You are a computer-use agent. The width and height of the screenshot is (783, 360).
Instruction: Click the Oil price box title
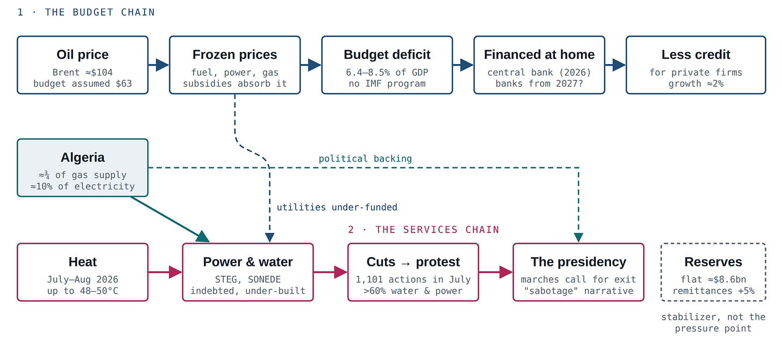pos(82,54)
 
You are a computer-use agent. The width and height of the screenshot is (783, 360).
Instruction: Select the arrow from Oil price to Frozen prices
pos(159,65)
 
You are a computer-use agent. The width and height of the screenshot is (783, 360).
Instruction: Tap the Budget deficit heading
pos(387,54)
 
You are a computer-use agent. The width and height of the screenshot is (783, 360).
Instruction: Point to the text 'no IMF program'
pos(387,83)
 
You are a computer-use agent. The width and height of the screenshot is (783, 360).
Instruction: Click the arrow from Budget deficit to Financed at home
pos(463,65)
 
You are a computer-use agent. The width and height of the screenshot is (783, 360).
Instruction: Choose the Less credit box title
pos(696,54)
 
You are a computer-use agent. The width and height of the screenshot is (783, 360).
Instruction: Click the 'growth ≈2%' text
pos(696,83)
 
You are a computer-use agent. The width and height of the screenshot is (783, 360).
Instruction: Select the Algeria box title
pos(82,158)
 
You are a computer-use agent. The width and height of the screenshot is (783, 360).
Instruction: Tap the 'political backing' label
pos(365,159)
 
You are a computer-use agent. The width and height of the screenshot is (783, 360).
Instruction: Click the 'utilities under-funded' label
pos(337,208)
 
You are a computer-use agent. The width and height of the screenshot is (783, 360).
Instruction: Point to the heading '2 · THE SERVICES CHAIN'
pos(423,229)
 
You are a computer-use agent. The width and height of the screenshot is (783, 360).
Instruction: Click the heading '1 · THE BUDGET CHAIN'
pos(86,12)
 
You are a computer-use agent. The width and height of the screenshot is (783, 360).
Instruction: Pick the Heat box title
pos(82,262)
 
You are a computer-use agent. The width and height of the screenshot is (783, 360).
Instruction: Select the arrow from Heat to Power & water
pos(165,272)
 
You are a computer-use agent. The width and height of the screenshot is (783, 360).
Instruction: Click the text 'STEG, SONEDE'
pos(247,279)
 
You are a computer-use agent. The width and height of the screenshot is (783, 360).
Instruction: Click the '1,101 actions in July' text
pos(413,279)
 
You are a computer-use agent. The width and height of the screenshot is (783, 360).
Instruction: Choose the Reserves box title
pos(713,262)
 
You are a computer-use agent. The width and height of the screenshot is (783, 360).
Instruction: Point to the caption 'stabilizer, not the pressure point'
pos(713,322)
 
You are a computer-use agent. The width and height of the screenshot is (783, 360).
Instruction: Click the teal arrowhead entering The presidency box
pos(579,237)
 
